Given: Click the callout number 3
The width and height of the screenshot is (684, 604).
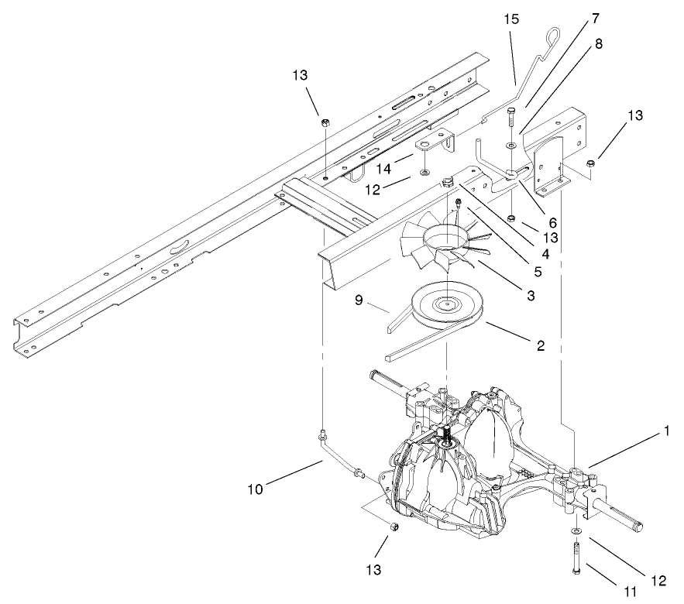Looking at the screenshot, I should tap(530, 295).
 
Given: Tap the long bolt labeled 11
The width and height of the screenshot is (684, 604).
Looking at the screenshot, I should tap(578, 558).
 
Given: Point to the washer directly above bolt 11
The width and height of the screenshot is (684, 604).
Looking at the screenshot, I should tap(577, 531).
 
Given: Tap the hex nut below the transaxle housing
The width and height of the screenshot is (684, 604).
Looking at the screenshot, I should tap(394, 527).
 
